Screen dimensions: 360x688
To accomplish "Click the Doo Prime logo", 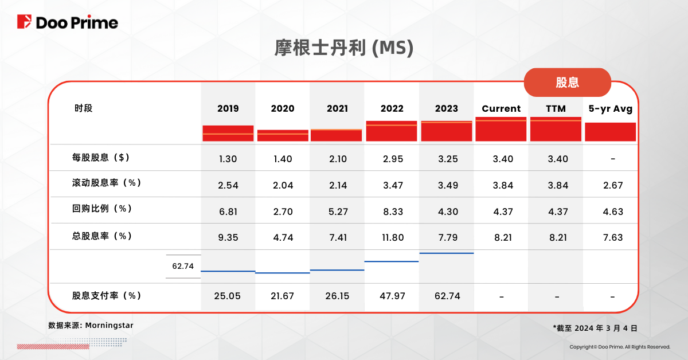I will (68, 22).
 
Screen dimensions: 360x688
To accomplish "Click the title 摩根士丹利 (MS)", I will (344, 49).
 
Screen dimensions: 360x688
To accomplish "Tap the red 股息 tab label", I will (567, 82).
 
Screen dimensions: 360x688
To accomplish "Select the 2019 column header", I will (228, 108).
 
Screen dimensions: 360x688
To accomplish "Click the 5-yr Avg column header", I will (610, 108).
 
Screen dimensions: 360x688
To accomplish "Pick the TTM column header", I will (556, 108).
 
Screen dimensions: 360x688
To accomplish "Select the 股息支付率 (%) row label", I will (107, 296).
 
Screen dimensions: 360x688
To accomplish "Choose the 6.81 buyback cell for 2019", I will (228, 212).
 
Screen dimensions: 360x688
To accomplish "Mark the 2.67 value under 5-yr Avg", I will (612, 185).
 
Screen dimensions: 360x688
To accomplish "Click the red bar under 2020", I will (283, 135).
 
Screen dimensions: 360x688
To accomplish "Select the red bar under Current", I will (501, 129).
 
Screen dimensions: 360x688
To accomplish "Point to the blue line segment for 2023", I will (447, 253).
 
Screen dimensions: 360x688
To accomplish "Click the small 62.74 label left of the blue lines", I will (183, 266).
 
